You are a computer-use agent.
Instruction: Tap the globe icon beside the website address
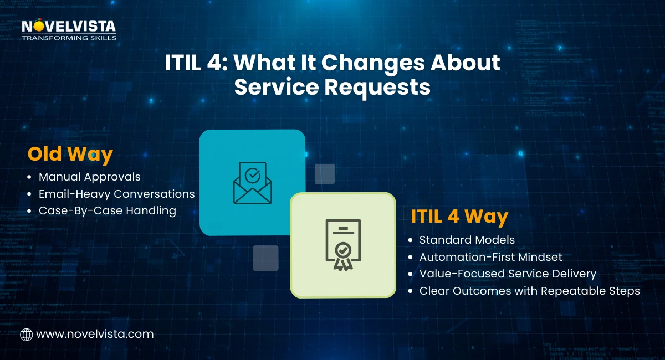tap(26, 334)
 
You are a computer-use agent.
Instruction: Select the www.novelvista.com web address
tap(95, 334)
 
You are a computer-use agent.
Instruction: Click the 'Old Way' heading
tap(70, 154)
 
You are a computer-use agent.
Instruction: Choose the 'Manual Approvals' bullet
tap(90, 177)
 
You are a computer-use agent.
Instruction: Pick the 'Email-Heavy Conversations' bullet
tap(116, 194)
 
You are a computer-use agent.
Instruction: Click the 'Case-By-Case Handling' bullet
tap(108, 211)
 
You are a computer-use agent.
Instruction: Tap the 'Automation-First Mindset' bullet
tap(491, 257)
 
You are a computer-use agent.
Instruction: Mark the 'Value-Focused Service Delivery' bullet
tap(508, 274)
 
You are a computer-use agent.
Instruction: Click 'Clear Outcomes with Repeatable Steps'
tap(529, 291)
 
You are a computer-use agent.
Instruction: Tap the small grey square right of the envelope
tap(325, 173)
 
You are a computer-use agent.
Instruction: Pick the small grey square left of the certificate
tap(265, 258)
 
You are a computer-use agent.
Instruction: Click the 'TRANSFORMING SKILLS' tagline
tap(69, 38)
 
